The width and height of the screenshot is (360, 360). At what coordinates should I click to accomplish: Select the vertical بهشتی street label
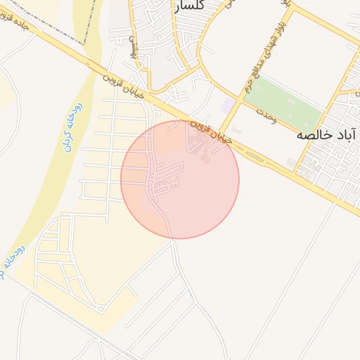click(x=131, y=42)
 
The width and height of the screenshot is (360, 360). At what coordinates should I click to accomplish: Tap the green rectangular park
click(x=284, y=102)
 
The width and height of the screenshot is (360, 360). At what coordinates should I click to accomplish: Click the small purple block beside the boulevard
click(x=229, y=105)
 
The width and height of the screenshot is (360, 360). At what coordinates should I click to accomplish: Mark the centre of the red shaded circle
click(x=180, y=179)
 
